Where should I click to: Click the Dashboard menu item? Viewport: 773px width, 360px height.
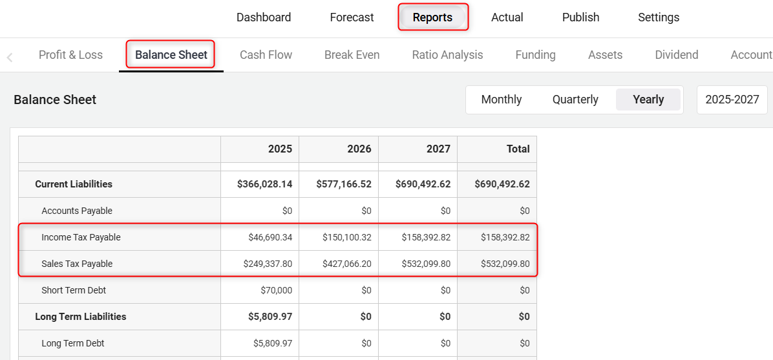pyautogui.click(x=264, y=17)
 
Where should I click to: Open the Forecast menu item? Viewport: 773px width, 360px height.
pyautogui.click(x=352, y=17)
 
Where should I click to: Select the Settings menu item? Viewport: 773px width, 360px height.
pyautogui.click(x=658, y=17)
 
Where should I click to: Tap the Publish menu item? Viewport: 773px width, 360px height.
pyautogui.click(x=580, y=17)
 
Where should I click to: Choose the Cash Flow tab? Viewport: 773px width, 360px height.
pyautogui.click(x=266, y=55)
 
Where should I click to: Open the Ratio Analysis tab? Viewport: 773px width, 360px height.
pyautogui.click(x=447, y=55)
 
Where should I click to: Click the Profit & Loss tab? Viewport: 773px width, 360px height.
pyautogui.click(x=70, y=55)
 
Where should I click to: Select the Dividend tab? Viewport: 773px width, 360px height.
pyautogui.click(x=676, y=55)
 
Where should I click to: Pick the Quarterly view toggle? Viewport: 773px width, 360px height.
pyautogui.click(x=575, y=100)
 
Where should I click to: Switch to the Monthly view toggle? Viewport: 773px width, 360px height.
pyautogui.click(x=502, y=100)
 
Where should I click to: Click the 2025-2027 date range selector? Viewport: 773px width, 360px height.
pyautogui.click(x=732, y=100)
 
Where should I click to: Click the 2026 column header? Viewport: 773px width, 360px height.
pyautogui.click(x=359, y=149)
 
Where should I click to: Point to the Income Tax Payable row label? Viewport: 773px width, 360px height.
pyautogui.click(x=81, y=237)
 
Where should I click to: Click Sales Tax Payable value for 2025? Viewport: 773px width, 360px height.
pyautogui.click(x=268, y=264)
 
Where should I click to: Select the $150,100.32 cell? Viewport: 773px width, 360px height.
pyautogui.click(x=347, y=237)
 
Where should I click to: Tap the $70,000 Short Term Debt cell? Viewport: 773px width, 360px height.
pyautogui.click(x=276, y=290)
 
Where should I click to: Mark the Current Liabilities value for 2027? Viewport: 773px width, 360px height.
pyautogui.click(x=423, y=184)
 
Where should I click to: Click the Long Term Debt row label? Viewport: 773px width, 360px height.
pyautogui.click(x=72, y=343)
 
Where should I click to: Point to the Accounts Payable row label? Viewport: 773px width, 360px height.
pyautogui.click(x=76, y=211)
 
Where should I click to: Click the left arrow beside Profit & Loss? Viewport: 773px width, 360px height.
pyautogui.click(x=10, y=58)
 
